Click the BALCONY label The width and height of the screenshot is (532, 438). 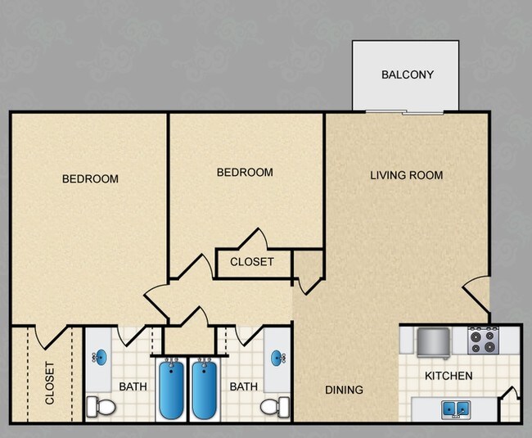coord(407,75)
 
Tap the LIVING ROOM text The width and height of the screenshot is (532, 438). coord(406,175)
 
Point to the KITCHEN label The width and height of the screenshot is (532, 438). coord(449,376)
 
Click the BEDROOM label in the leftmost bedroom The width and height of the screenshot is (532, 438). coord(90,178)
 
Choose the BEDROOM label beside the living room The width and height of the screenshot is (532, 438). coord(244,172)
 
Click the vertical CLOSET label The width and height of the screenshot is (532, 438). coord(49,383)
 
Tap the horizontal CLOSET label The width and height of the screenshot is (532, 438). coord(251,262)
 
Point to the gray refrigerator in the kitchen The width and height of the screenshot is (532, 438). coord(435,341)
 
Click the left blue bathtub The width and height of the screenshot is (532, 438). coord(172,389)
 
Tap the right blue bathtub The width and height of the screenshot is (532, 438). coord(205,389)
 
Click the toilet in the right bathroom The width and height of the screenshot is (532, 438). coord(275,405)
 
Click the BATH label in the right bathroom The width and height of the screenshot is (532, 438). coord(244,386)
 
